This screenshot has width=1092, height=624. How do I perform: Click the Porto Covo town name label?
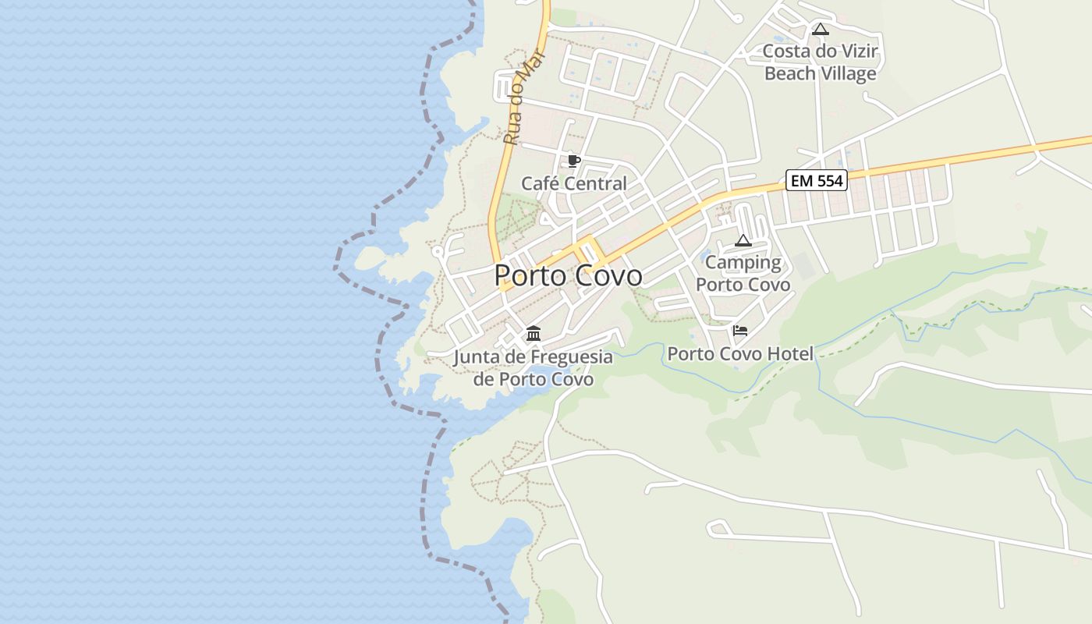click(x=569, y=275)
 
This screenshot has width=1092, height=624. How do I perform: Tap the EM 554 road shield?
click(x=816, y=181)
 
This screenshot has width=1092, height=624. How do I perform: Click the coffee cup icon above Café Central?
click(x=574, y=161)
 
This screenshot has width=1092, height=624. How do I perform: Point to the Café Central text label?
click(x=573, y=184)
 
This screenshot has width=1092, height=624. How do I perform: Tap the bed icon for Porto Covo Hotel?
click(x=740, y=331)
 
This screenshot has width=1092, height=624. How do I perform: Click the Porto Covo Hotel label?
click(x=740, y=354)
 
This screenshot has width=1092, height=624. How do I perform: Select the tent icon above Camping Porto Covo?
click(x=743, y=240)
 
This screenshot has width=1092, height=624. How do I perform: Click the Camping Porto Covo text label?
click(x=743, y=273)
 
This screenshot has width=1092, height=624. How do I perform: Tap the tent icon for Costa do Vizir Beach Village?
click(x=820, y=30)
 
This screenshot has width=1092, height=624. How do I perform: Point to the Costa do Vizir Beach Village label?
click(x=821, y=62)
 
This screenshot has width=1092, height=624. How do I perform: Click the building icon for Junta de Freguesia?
click(x=534, y=334)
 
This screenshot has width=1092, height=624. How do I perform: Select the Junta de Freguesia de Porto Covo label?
click(x=534, y=368)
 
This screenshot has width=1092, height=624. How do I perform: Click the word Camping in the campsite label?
click(x=743, y=263)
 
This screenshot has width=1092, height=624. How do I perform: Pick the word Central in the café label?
click(x=597, y=184)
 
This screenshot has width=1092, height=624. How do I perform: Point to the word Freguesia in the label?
click(x=572, y=357)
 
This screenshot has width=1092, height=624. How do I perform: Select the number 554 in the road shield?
click(x=828, y=181)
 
